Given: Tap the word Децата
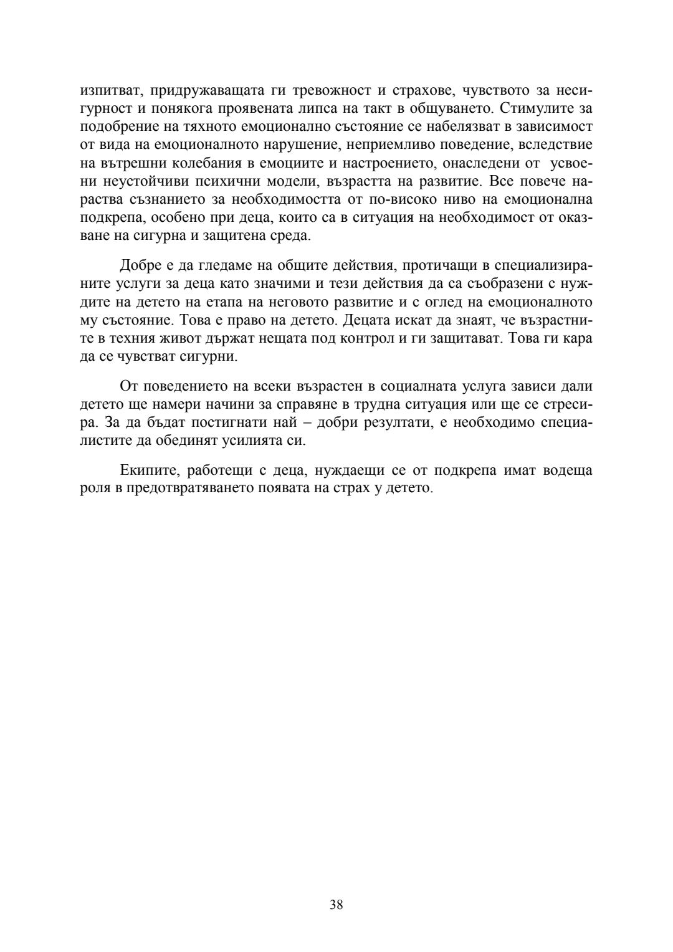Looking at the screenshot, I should (x=365, y=321).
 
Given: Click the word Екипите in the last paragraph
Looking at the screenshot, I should (x=145, y=470).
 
